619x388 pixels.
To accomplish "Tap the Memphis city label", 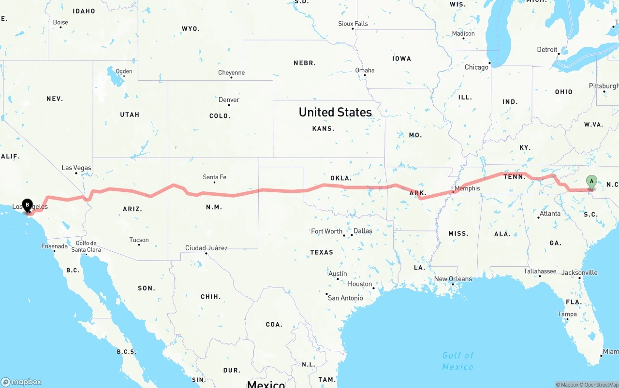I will [467, 188].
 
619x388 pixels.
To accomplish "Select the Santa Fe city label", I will [214, 177].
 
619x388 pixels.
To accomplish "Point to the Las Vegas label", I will [76, 168].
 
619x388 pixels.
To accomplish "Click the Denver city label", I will [229, 100].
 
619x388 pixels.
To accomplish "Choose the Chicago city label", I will [476, 67].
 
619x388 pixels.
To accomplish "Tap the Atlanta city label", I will [550, 214].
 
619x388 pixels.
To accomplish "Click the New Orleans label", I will [453, 279].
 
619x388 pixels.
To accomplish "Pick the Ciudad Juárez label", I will [206, 248].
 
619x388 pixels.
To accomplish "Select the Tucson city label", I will [139, 240].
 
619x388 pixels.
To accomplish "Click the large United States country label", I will [335, 112].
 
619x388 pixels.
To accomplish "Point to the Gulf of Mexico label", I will [457, 361].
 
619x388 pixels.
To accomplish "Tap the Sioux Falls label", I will [353, 24].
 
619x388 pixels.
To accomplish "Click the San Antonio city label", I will [345, 298].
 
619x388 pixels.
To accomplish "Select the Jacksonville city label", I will [579, 273].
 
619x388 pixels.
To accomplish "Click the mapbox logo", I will [21, 382].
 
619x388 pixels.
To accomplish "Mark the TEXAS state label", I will [322, 252].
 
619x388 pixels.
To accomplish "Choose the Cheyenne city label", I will [231, 73].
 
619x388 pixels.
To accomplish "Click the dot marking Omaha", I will [366, 76].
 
